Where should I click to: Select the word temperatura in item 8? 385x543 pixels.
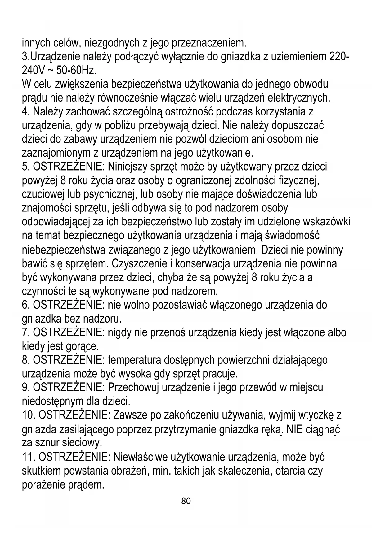[x=134, y=360]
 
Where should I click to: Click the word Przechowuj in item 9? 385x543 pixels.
[x=133, y=388]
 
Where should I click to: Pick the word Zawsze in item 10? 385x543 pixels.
[x=130, y=415]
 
